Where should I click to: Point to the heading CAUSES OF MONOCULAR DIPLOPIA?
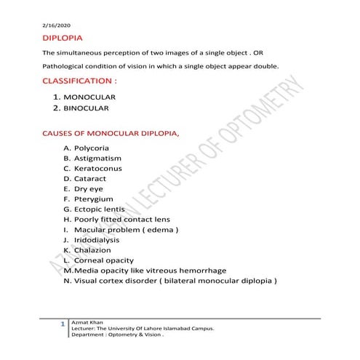(111, 134)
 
